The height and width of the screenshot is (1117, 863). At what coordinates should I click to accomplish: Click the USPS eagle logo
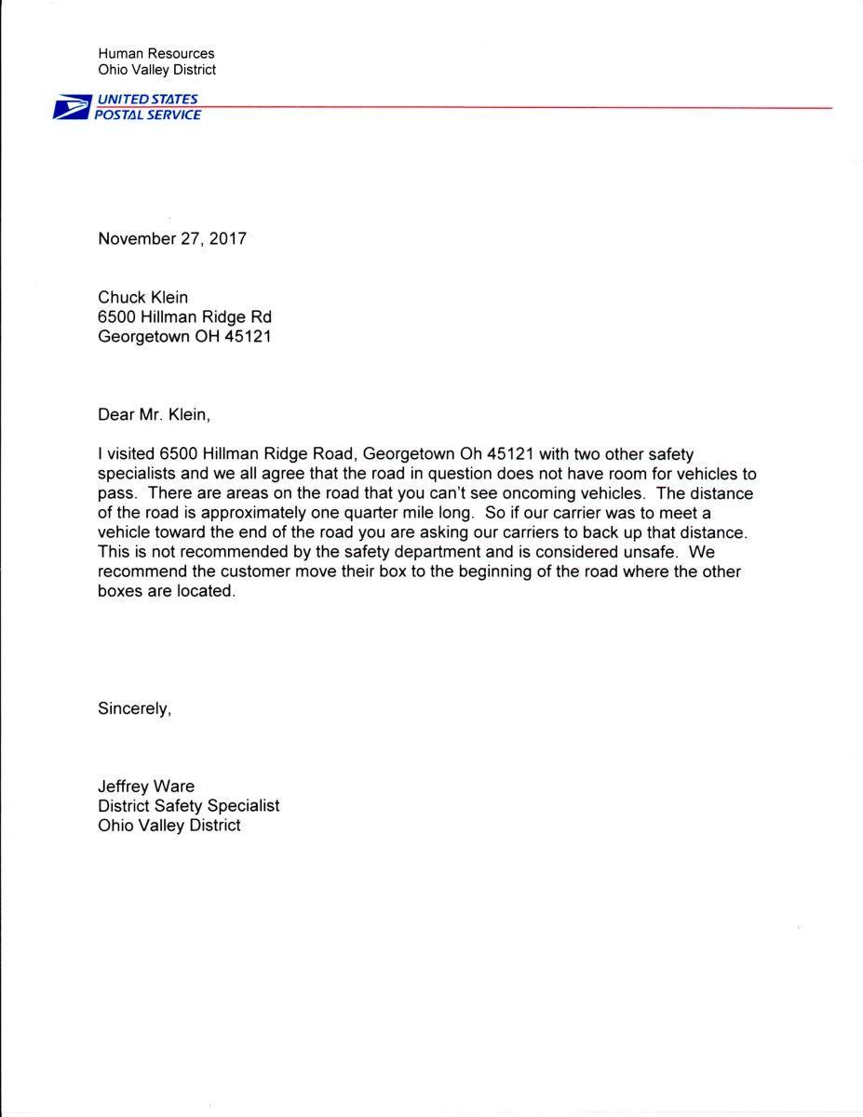[71, 107]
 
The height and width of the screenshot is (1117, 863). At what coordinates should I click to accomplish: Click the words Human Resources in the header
[155, 54]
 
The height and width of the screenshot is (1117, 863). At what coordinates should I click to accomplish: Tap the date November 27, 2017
[172, 238]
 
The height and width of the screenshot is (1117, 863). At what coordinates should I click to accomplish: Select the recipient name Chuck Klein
[143, 297]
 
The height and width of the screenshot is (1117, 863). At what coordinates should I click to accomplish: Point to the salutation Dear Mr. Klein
[160, 415]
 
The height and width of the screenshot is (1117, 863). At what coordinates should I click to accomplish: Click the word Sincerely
[135, 707]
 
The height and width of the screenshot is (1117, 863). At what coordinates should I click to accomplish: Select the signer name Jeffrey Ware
[146, 787]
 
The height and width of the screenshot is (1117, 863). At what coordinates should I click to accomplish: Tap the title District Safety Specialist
[188, 806]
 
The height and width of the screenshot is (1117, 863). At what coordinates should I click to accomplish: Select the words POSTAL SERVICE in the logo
[147, 114]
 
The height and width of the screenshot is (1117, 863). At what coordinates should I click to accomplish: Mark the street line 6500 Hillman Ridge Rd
[184, 316]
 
